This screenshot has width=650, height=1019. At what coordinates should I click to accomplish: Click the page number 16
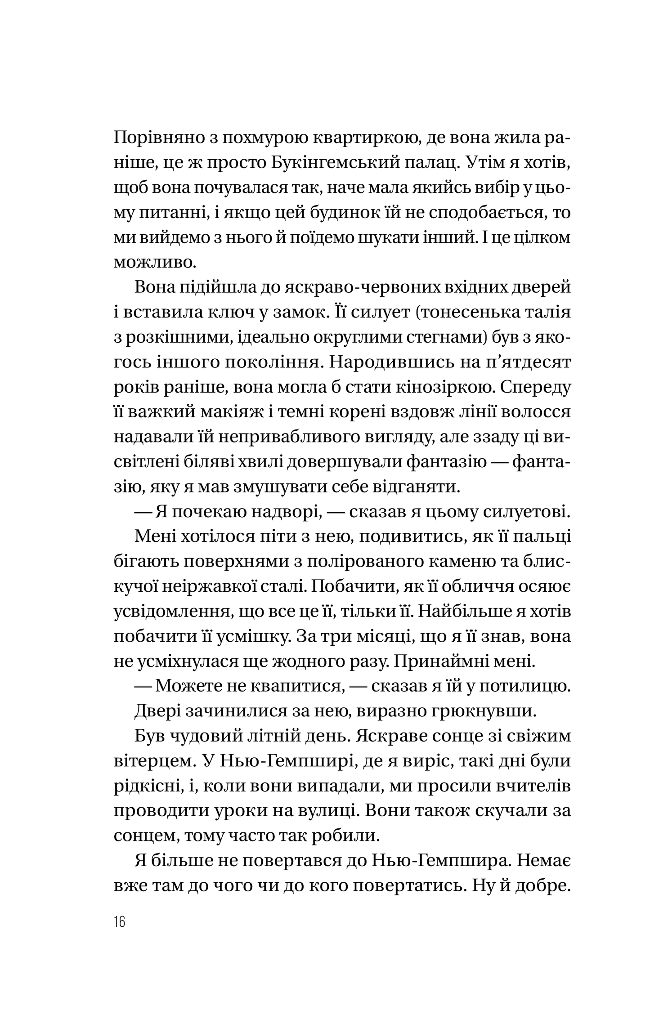click(119, 922)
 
